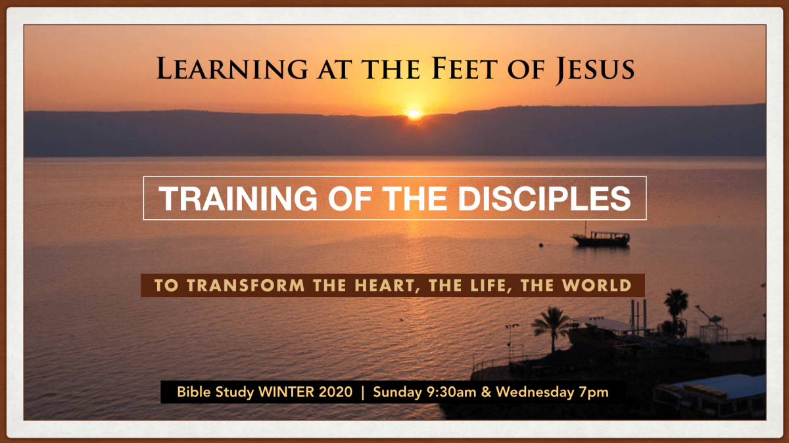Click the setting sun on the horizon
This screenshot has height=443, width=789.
pos(414,114)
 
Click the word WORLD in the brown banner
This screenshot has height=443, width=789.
pos(594,286)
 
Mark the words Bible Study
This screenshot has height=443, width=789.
pos(216,393)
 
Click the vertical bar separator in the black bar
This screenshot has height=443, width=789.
pos(362,393)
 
